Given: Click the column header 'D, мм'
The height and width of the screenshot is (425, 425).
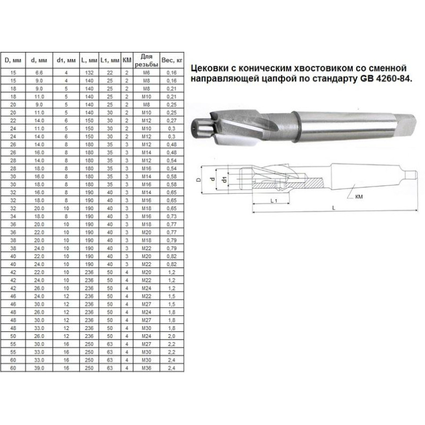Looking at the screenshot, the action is click(13, 60).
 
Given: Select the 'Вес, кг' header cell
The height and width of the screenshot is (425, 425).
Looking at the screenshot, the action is click(172, 60).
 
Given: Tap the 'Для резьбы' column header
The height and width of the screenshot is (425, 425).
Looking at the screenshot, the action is click(147, 61).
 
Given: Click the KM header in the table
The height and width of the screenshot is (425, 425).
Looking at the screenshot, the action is click(127, 60).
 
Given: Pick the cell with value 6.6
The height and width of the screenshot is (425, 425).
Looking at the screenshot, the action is click(39, 73).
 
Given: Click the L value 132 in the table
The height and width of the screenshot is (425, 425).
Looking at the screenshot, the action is click(89, 73).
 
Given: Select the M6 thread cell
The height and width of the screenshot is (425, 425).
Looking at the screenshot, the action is click(147, 73).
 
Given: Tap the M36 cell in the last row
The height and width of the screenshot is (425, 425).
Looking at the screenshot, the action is click(147, 368).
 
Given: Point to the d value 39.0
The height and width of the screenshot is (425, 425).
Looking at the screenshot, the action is click(39, 368).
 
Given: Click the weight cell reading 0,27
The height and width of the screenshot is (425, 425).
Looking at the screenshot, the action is click(172, 121).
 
